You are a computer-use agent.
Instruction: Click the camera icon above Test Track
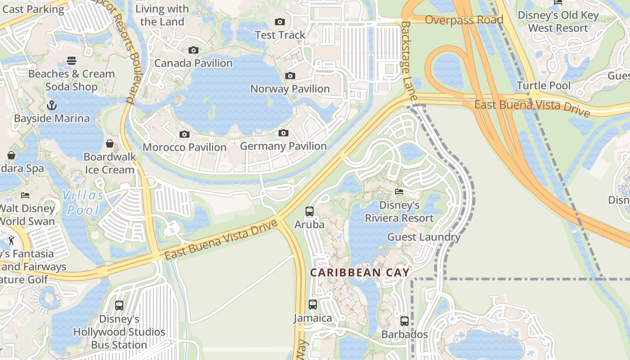(x=279, y=22)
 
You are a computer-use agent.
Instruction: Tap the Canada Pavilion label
(x=193, y=63)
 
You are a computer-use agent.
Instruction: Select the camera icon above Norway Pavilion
(x=290, y=76)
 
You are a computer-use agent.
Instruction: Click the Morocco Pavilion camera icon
(x=184, y=134)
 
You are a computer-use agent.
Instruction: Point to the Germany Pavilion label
(x=283, y=146)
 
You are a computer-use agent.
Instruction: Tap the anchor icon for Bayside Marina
(x=52, y=106)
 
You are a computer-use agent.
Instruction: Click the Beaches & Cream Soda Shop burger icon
(x=71, y=61)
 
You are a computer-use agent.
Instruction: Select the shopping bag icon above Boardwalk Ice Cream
(x=110, y=144)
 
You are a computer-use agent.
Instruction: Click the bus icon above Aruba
(x=309, y=211)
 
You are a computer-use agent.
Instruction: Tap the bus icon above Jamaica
(x=313, y=305)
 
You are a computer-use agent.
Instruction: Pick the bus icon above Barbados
(x=405, y=321)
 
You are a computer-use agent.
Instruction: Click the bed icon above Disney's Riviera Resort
(x=399, y=192)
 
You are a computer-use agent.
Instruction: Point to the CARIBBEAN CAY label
(x=360, y=273)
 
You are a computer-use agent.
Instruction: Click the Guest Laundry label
(x=423, y=237)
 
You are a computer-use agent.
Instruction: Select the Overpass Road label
(x=463, y=20)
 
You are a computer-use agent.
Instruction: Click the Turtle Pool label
(x=543, y=85)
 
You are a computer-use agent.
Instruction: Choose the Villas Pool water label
(x=83, y=202)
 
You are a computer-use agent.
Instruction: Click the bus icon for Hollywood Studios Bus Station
(x=119, y=305)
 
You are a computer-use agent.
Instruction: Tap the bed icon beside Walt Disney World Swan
(x=25, y=195)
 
